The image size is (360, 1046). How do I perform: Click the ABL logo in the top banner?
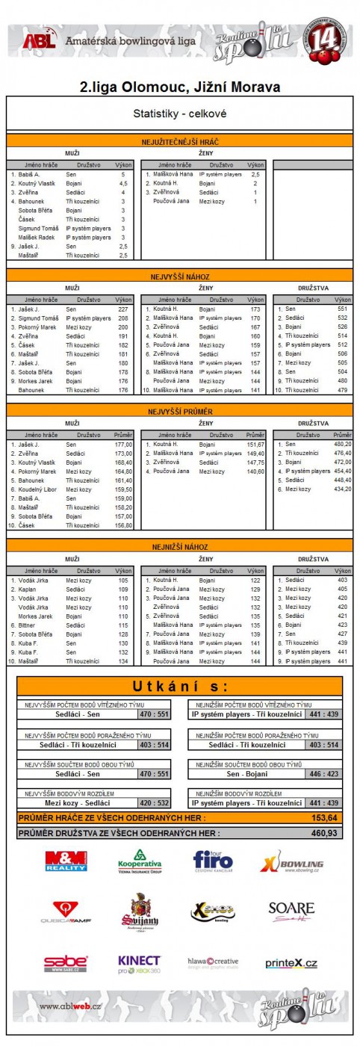tap(39, 42)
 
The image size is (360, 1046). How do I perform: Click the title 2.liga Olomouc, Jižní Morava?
tap(180, 87)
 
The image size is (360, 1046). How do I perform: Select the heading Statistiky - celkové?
tap(180, 114)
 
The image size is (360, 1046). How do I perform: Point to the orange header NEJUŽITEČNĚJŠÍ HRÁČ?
tap(180, 141)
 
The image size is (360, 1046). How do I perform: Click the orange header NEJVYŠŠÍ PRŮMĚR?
tap(180, 411)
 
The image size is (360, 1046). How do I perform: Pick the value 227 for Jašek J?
tap(123, 309)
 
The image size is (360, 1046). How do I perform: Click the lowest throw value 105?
tap(123, 580)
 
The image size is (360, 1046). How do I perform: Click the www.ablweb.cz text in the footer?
tap(71, 1006)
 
